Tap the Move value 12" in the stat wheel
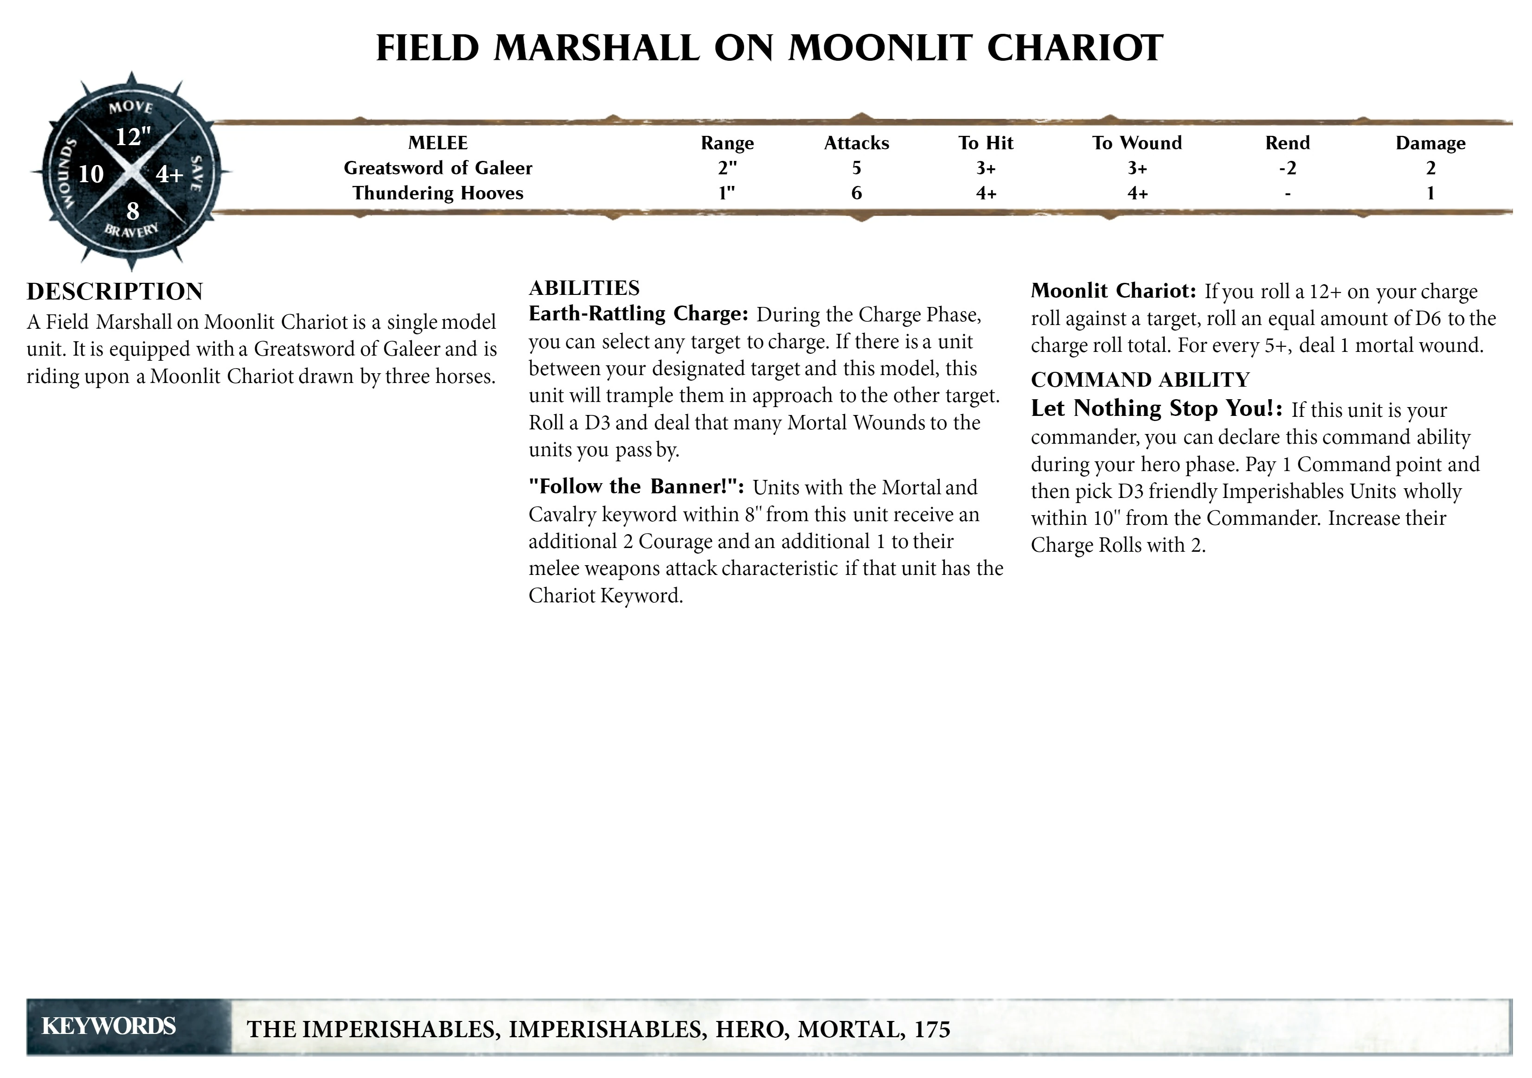(133, 137)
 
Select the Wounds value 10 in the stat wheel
(91, 174)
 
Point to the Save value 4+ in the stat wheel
(169, 174)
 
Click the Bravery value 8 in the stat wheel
(133, 211)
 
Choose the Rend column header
(1287, 143)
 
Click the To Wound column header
(1136, 143)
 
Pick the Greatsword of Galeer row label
(438, 168)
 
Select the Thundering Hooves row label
(438, 193)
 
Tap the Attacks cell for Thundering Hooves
(856, 193)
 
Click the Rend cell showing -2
(1287, 168)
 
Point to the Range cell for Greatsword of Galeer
(727, 168)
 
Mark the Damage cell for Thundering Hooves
(1430, 193)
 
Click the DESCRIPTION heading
(115, 292)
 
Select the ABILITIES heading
(584, 288)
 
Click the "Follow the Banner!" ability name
(636, 486)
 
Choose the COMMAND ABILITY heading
(1140, 380)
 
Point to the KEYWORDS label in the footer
(109, 1026)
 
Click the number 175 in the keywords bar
(932, 1029)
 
